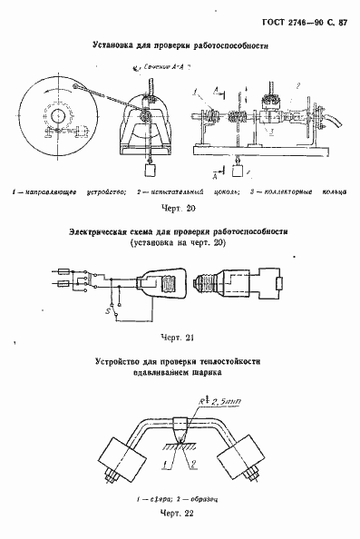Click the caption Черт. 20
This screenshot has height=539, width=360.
(x=180, y=208)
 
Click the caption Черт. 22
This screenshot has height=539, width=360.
(x=179, y=514)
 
